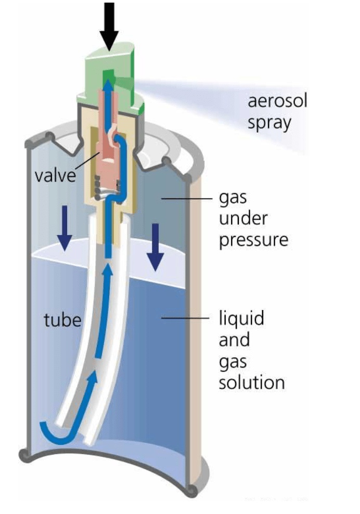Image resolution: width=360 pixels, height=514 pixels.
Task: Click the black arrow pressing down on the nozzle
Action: pos(109,26)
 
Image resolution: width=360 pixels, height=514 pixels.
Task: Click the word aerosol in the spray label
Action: pos(277,100)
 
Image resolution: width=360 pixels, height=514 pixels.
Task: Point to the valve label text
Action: pos(55,175)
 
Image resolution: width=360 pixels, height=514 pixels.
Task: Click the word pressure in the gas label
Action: pos(253,241)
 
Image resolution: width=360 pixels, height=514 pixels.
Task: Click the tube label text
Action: pos(62,319)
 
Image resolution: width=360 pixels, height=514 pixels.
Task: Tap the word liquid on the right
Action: pos(241,318)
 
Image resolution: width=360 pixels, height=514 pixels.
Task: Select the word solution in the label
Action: pos(251,383)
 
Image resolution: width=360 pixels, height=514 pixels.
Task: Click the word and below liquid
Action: pos(234,340)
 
